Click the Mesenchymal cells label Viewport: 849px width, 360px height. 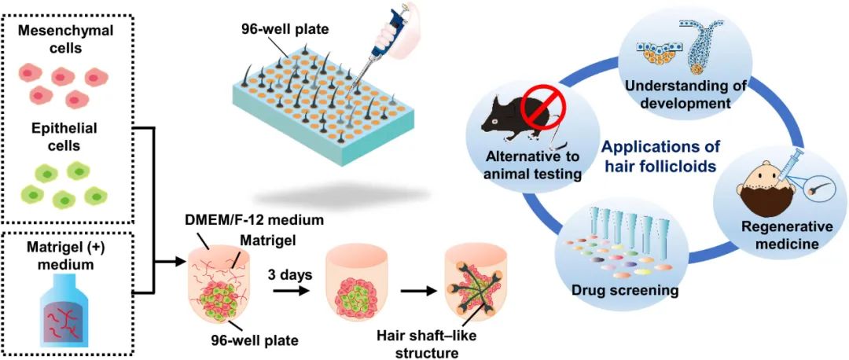tap(66, 39)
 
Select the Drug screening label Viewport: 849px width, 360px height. tap(625, 292)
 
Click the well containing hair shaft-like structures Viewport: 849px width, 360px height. tap(476, 286)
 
